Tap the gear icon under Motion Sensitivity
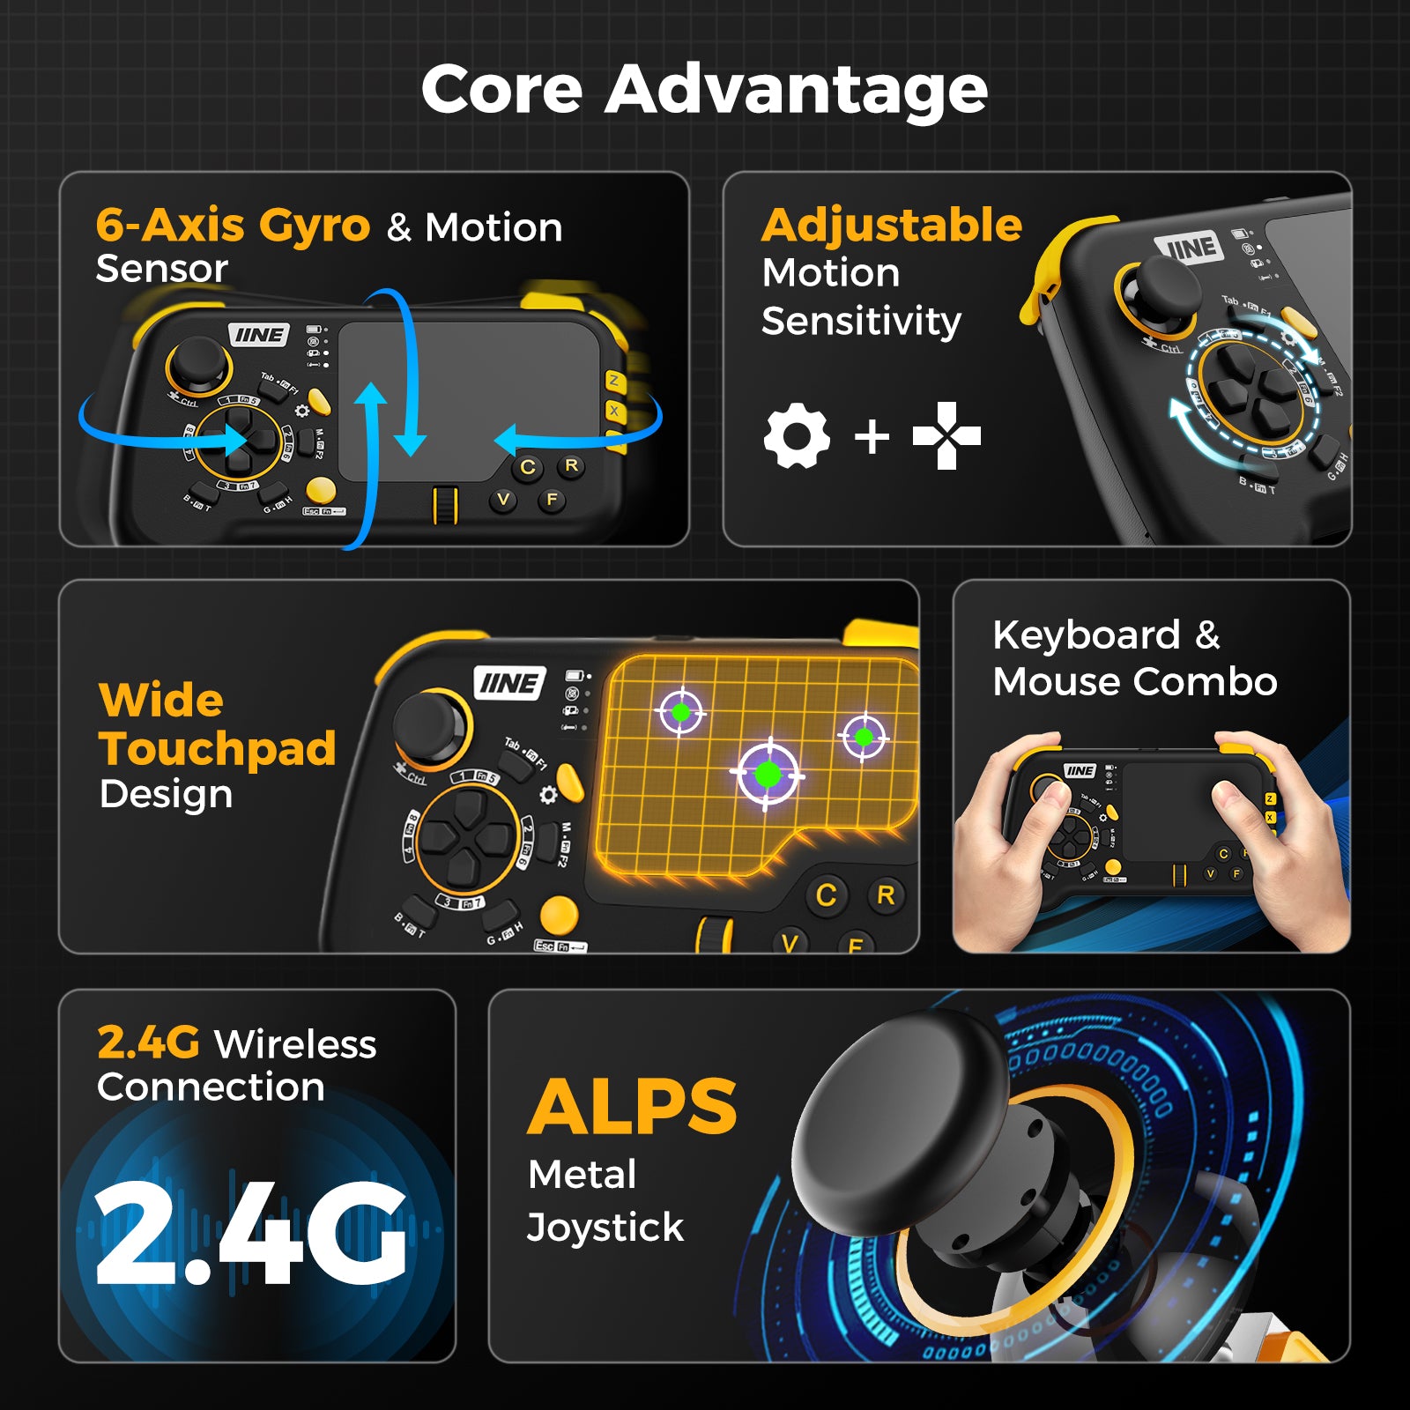point(797,435)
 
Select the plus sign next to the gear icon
point(872,436)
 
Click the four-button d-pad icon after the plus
point(946,435)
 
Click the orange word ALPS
point(632,1108)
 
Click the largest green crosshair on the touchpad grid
point(768,775)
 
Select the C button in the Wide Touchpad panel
point(826,895)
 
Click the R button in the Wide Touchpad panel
point(886,895)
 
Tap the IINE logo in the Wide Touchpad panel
point(510,683)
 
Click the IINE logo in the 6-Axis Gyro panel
point(259,335)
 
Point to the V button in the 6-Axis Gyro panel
point(503,500)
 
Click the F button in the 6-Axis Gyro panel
point(552,500)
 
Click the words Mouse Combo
point(1134,681)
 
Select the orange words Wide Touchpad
point(216,724)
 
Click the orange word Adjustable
point(891,225)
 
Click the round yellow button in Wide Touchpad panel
point(559,915)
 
